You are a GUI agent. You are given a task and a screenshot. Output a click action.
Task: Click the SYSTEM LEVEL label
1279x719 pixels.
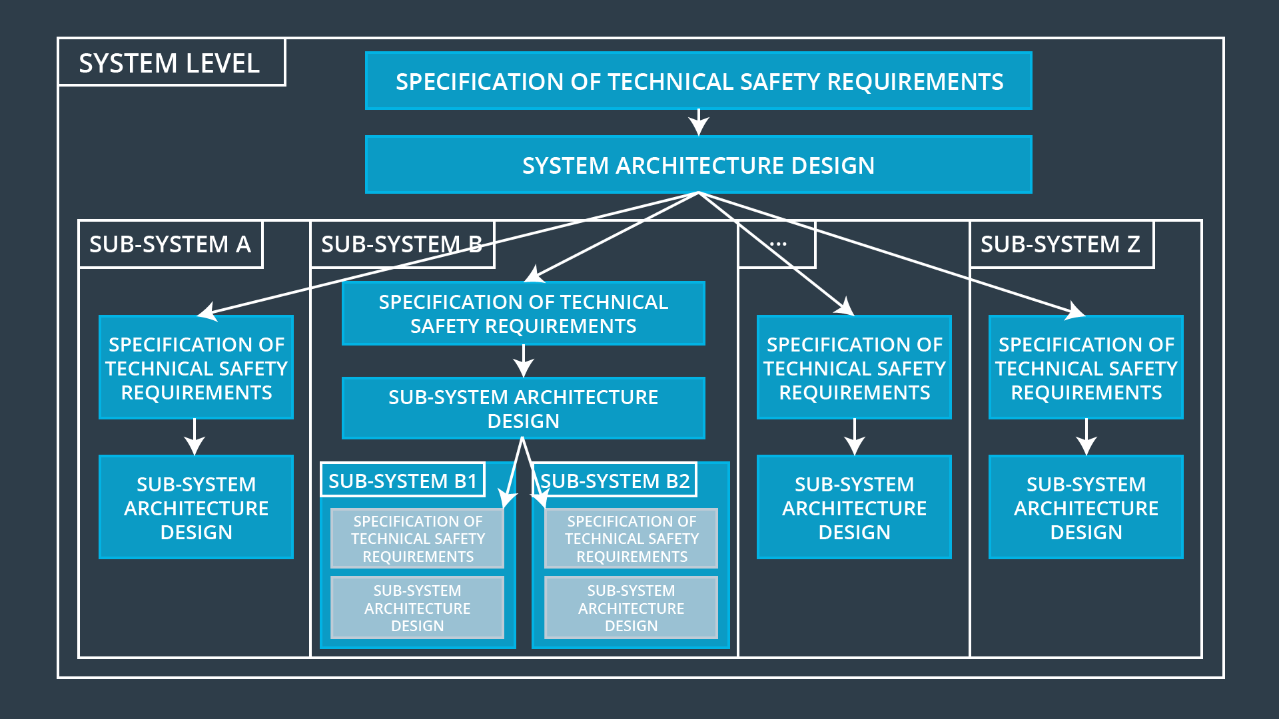tap(169, 63)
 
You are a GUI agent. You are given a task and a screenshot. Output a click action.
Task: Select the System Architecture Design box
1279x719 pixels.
tap(698, 165)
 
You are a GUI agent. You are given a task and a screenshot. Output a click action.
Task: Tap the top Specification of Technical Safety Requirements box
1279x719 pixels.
tap(698, 81)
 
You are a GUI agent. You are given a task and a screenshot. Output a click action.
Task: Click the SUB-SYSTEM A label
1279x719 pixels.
tap(170, 244)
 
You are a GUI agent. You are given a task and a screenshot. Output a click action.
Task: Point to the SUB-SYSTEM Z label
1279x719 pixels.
tap(1060, 244)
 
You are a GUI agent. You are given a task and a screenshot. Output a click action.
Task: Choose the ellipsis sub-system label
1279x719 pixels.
tap(777, 244)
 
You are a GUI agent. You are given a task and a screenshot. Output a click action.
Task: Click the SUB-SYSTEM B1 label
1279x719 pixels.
tap(402, 481)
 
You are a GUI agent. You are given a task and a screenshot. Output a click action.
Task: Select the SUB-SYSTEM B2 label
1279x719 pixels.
tap(615, 481)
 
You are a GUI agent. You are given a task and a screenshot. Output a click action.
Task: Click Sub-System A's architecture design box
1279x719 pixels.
tap(196, 507)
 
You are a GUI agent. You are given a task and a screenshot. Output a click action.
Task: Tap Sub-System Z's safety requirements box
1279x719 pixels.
tap(1086, 367)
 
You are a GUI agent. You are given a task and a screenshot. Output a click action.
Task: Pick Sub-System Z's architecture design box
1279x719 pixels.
tap(1086, 507)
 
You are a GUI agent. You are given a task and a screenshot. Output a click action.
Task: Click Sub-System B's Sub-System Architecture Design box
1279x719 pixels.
tap(523, 409)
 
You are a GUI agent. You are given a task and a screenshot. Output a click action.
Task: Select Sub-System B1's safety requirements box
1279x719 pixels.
tap(418, 539)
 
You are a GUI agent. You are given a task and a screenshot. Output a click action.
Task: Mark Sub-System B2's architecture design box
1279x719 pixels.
tap(631, 608)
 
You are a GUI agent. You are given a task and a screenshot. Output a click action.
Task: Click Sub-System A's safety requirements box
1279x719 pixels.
tap(196, 367)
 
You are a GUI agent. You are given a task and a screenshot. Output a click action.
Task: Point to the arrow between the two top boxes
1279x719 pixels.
tap(698, 122)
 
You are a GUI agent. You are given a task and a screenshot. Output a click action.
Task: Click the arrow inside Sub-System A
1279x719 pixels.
tap(195, 437)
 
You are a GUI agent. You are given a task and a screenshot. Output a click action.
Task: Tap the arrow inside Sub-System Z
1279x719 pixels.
tap(1086, 437)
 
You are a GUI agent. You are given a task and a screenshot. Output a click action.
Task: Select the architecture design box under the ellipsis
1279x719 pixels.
tap(854, 507)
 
